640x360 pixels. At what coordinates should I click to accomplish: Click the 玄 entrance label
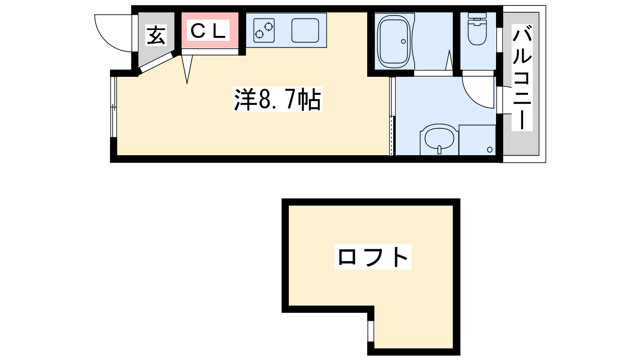pos(156,35)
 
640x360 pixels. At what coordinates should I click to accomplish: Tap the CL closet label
pos(208,30)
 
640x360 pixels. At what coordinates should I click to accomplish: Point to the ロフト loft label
pos(373,257)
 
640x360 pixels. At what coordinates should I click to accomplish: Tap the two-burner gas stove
pos(264,30)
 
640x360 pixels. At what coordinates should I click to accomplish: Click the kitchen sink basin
pos(305,30)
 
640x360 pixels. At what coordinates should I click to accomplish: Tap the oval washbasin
pos(439,138)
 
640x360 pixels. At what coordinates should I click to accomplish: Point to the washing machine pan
pos(477,140)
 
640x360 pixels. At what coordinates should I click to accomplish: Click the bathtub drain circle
pos(403,41)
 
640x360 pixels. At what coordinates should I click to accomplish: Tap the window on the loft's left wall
pos(371,331)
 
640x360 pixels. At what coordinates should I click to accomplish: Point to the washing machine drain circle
pos(490,150)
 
